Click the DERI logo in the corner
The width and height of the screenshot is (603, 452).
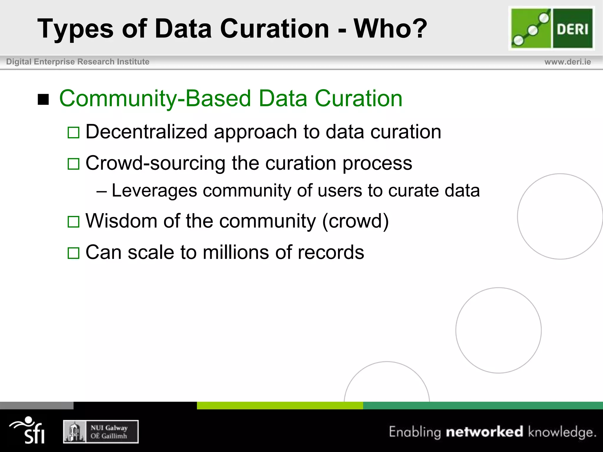click(552, 29)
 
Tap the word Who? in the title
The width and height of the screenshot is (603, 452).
click(390, 29)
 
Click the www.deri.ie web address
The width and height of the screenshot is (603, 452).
click(567, 62)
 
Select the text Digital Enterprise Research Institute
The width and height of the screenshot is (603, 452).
click(78, 62)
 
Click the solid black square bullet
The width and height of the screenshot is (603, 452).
click(43, 99)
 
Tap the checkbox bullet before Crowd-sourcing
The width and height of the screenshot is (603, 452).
click(73, 164)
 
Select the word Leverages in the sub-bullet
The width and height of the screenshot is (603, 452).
click(154, 190)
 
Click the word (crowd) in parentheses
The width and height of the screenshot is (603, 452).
click(355, 221)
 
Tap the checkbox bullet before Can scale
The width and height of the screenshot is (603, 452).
click(73, 253)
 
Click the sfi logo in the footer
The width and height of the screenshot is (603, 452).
click(28, 430)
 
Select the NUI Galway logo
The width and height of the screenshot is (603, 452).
click(101, 432)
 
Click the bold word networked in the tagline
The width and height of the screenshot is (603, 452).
click(484, 432)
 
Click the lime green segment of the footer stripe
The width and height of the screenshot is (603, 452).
click(280, 406)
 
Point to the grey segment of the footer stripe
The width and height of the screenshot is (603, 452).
click(37, 406)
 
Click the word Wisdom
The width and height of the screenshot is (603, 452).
click(121, 221)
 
